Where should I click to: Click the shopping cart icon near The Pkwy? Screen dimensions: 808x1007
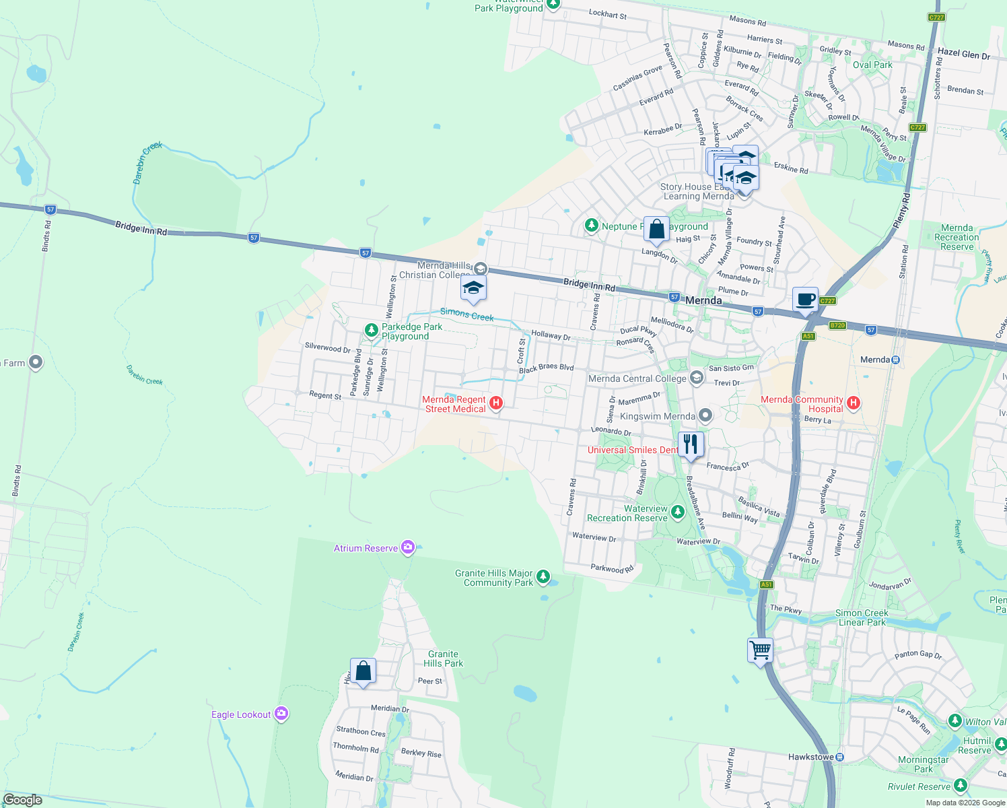coord(760,651)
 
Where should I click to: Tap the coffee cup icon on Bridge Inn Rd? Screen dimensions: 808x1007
coord(805,300)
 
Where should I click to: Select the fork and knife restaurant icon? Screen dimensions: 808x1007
coord(691,444)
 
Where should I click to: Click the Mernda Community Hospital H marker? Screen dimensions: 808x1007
coord(854,403)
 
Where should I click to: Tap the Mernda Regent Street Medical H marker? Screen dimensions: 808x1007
coord(496,403)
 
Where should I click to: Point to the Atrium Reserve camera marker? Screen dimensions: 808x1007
coord(407,547)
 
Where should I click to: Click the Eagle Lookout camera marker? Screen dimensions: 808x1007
coord(281,714)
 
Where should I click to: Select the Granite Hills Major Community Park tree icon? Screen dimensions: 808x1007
coord(543,577)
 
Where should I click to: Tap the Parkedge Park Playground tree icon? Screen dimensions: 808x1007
coord(371,330)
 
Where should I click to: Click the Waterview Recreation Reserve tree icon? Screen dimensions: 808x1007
coord(678,512)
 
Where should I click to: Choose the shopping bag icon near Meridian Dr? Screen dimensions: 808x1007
coord(363,671)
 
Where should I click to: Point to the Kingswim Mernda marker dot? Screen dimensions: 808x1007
coord(705,415)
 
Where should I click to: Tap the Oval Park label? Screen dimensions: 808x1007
coord(872,65)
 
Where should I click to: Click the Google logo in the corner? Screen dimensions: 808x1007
coord(22,800)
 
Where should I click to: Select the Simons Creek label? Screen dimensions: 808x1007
coord(466,314)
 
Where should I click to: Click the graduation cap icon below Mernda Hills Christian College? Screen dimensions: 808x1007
coord(473,289)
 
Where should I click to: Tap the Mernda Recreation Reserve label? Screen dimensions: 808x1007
coord(957,237)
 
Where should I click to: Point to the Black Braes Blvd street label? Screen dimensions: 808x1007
coord(546,368)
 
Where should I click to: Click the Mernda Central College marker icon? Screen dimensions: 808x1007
coord(696,378)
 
